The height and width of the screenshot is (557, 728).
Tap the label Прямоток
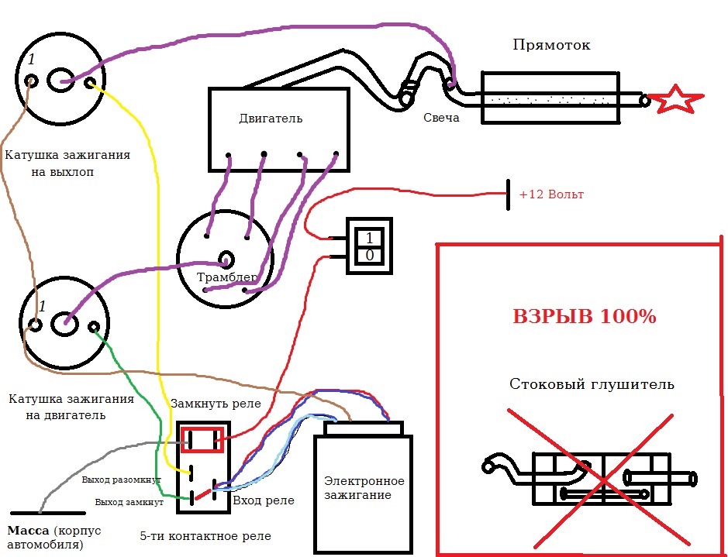pos(551,46)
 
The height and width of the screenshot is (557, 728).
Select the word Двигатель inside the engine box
pos(271,119)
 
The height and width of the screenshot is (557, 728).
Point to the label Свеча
pos(442,118)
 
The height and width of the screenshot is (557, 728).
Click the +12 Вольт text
pos(551,194)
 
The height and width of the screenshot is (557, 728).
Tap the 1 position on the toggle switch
pos(370,239)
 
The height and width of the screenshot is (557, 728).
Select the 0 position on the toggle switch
pos(370,256)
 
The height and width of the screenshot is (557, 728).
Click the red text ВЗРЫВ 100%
pos(585,317)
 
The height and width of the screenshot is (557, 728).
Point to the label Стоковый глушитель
pos(592,384)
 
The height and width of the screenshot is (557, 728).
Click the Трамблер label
pos(227,277)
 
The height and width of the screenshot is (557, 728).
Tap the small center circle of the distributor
pos(226,260)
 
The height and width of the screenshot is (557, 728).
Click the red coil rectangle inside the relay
pos(202,440)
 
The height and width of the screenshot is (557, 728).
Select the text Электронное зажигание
pos(364,488)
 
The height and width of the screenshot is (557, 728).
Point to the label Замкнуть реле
pos(216,404)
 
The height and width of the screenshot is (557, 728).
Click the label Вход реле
pos(264,501)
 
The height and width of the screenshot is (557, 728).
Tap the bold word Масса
pos(29,531)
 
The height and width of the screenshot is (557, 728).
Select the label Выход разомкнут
pos(121,480)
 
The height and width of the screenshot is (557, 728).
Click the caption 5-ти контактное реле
pos(205,537)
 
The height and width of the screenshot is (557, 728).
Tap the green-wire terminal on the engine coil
pos(94,327)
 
